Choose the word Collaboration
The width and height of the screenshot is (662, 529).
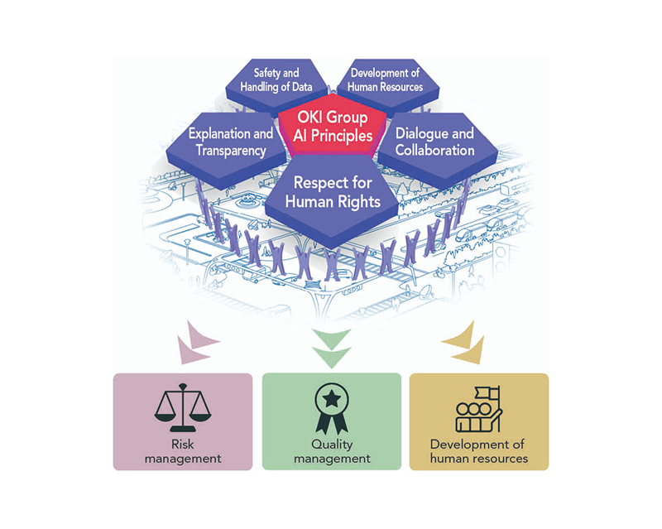(x=434, y=151)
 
